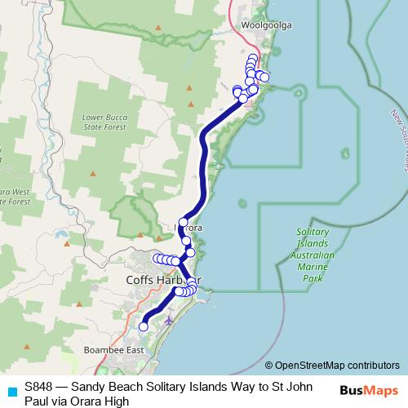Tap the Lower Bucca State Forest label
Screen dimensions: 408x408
(104, 122)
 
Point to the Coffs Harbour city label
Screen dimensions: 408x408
(163, 279)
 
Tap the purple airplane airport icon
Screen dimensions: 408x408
(169, 319)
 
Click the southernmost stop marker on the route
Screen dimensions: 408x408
(144, 326)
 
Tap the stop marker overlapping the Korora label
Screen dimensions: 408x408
(184, 222)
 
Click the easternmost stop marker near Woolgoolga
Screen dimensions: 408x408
(264, 78)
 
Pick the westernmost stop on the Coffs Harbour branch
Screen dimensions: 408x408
(156, 258)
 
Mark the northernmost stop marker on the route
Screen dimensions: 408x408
(253, 58)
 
